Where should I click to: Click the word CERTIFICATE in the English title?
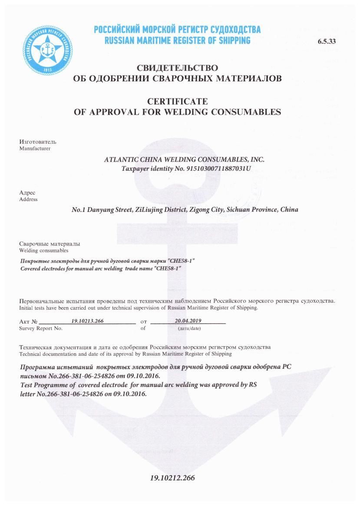(177, 102)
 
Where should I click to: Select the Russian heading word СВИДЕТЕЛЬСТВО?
(177, 68)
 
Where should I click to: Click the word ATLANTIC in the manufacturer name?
(122, 159)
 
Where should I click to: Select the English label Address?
(28, 199)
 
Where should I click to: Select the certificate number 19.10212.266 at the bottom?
(172, 478)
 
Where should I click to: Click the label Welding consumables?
(43, 250)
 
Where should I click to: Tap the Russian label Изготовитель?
(38, 142)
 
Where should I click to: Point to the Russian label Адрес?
(27, 193)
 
